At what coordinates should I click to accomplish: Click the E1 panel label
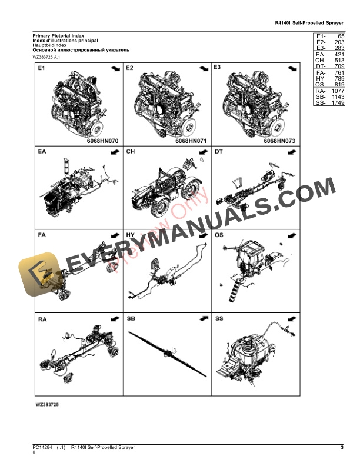42,69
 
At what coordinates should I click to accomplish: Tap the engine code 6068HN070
103,141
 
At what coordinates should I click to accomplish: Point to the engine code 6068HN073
279,141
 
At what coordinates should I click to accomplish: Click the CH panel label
131,152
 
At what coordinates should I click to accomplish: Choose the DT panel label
219,152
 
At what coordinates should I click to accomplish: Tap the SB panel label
131,319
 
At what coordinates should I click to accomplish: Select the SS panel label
219,319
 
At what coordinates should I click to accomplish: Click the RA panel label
42,319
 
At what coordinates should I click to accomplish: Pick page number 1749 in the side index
337,103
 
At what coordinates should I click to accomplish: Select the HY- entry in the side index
321,78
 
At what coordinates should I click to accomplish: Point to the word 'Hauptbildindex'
51,45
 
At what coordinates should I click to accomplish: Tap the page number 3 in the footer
342,448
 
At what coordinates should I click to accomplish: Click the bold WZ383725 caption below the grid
47,405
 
